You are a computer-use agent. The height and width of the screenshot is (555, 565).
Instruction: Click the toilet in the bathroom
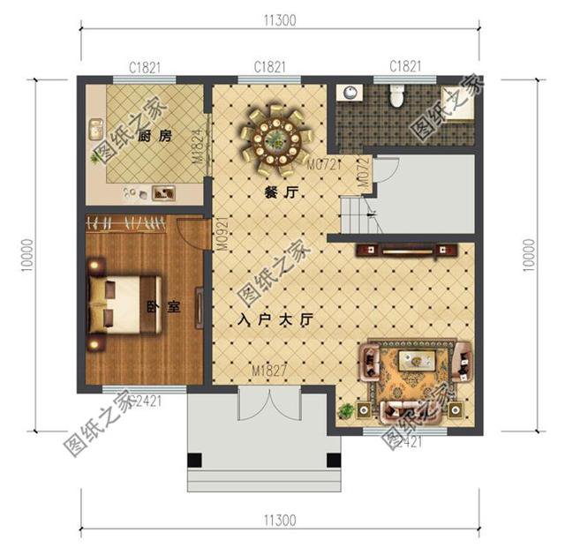click(x=396, y=96)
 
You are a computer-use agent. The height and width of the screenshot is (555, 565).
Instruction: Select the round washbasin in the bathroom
click(x=351, y=92)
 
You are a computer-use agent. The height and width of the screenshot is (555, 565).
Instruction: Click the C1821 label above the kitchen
click(x=144, y=67)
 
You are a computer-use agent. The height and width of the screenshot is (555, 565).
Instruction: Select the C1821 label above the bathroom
click(x=405, y=67)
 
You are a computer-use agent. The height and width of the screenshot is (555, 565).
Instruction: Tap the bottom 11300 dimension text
click(x=279, y=520)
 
